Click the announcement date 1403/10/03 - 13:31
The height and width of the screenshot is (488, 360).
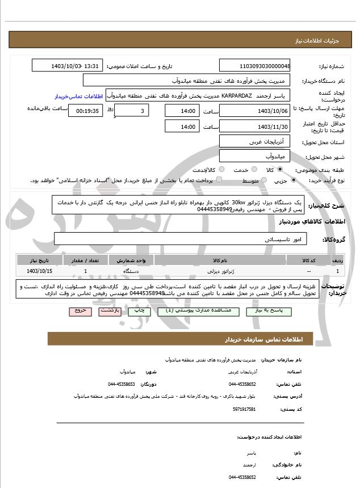pyautogui.click(x=68, y=66)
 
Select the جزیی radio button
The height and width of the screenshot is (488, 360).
pyautogui.click(x=294, y=180)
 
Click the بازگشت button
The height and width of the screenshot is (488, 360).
pyautogui.click(x=108, y=311)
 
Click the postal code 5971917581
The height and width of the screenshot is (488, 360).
pyautogui.click(x=244, y=409)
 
